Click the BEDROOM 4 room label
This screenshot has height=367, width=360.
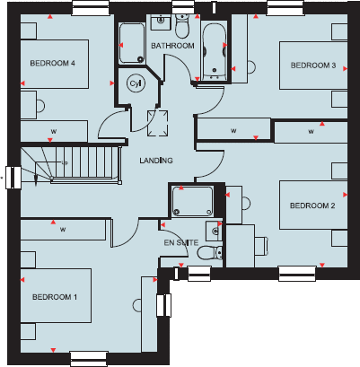pos(52,63)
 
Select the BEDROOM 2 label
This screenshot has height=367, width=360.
pos(312,205)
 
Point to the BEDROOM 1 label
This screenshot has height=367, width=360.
pos(55,297)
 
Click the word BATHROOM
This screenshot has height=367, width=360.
pos(172,45)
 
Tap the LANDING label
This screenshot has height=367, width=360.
pos(155,161)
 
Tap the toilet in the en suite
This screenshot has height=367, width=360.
pos(206,252)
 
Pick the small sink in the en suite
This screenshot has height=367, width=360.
pos(211,227)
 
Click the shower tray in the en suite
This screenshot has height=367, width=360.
pos(191,200)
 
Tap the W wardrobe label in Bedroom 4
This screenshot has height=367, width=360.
pos(53,131)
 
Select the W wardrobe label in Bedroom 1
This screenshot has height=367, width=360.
pos(63,230)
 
